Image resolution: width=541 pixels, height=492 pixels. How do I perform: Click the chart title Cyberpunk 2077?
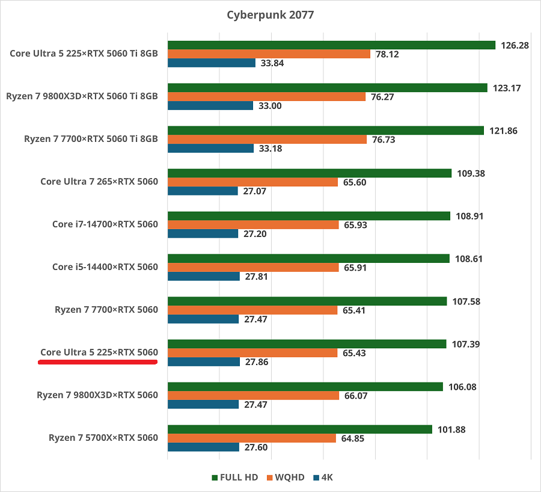point(270,14)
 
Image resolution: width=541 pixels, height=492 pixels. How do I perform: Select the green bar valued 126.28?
point(331,45)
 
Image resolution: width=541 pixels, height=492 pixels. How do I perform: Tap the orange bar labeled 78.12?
point(269,54)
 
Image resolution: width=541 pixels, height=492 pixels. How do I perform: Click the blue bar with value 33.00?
point(210,106)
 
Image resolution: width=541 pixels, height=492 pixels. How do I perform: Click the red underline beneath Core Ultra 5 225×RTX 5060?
point(98,363)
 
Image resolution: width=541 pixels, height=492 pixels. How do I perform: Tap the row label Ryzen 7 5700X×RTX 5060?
point(103,438)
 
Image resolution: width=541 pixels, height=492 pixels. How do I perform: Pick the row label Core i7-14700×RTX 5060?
point(105,224)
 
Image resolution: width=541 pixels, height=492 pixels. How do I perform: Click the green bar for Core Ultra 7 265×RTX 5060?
point(310,173)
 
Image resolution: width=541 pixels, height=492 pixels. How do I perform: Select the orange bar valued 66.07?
point(253,396)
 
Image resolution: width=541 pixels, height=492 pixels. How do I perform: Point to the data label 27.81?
point(256,277)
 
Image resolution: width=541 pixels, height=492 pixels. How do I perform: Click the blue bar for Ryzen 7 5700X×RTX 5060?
point(204,447)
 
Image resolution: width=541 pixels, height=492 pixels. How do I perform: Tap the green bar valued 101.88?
point(300,429)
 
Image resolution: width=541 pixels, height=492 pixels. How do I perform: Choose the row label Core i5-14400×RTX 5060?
point(105,267)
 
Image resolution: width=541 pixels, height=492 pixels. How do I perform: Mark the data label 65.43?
point(354,353)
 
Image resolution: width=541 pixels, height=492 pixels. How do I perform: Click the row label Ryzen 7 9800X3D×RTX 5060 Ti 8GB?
point(82,96)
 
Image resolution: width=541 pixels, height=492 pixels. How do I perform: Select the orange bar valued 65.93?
point(253,225)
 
